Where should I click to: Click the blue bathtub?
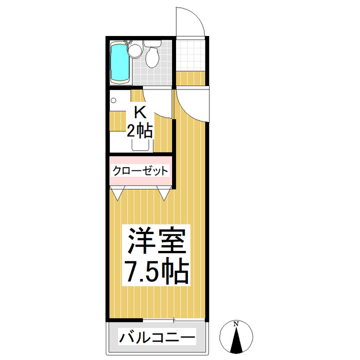click(x=119, y=62)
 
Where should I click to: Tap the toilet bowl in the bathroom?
click(x=151, y=57)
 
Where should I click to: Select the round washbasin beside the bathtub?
click(x=134, y=51)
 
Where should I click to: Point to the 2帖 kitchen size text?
click(x=139, y=132)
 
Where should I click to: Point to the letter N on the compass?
click(x=237, y=324)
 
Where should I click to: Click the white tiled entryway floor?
click(x=191, y=53)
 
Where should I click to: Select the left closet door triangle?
click(x=118, y=195)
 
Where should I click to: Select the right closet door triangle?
click(x=164, y=195)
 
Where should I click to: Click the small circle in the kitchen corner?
click(x=114, y=101)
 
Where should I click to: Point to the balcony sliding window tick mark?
click(x=174, y=321)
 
